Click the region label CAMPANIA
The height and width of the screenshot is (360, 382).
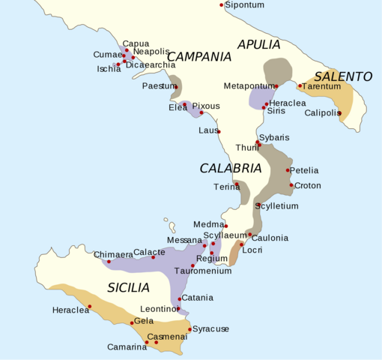pos(198,56)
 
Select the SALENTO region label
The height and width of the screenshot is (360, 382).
pos(343,76)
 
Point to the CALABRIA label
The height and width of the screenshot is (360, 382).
pos(230,169)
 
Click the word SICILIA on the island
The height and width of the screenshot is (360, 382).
pos(128,287)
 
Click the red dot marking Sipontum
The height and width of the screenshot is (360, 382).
pos(222,5)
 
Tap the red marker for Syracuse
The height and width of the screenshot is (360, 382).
pos(189,328)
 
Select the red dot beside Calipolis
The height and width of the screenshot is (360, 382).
pos(339,113)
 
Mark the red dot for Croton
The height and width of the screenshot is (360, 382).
pos(291,185)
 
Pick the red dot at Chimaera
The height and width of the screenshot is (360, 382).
pos(109,262)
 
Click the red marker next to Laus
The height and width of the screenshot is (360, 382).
pos(219,131)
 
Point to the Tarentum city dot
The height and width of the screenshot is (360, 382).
pos(300,85)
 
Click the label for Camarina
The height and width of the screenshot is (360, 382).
pos(127,346)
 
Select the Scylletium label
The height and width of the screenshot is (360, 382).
pos(276,205)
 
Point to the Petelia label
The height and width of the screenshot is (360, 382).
pos(303,171)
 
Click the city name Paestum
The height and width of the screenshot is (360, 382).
pos(158,86)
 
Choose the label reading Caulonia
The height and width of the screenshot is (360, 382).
pos(270,238)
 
